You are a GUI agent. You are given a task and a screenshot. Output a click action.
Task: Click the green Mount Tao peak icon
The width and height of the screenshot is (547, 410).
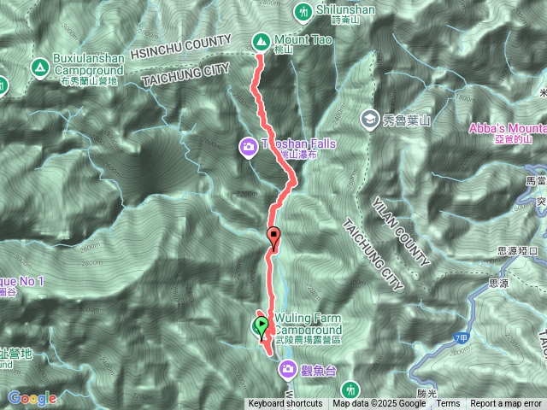[x=261, y=39]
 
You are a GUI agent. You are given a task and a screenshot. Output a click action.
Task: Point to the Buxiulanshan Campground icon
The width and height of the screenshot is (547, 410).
[x=38, y=66]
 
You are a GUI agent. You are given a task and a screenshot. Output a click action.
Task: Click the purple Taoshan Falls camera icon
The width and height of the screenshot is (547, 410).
[x=248, y=145]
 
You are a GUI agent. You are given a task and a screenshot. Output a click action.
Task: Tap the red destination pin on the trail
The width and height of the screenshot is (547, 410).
[x=273, y=235]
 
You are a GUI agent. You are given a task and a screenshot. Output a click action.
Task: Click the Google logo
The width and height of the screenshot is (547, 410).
[x=32, y=398]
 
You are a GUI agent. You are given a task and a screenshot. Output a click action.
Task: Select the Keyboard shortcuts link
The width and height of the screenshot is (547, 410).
[x=285, y=404]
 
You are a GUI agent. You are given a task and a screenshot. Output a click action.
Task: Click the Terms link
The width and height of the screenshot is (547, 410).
[x=449, y=404]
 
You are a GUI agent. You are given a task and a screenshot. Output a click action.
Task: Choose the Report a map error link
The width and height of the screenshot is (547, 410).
[x=507, y=404]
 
